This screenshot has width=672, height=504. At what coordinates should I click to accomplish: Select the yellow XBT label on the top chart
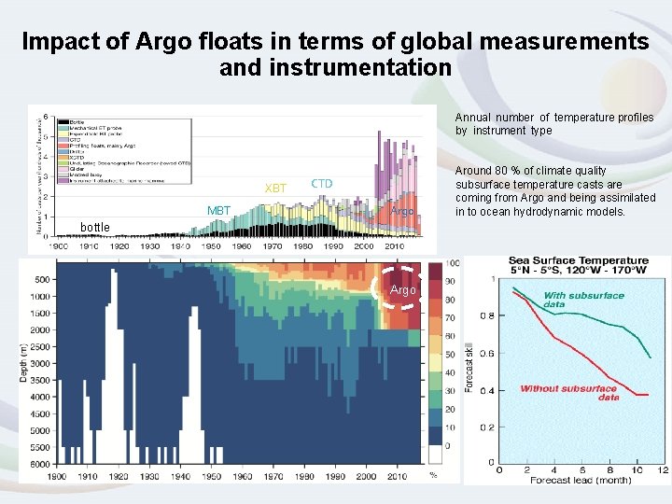point(275,189)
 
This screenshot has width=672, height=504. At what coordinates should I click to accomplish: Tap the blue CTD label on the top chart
point(321,184)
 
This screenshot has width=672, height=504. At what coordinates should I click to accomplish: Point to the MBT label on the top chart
point(218,211)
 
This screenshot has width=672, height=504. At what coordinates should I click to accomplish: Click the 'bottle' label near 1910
point(94,228)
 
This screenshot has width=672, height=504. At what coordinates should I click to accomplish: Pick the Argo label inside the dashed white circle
point(403,290)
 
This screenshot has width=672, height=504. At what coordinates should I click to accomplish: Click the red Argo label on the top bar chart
point(402,212)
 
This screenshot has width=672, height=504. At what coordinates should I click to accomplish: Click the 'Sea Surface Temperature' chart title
point(578,260)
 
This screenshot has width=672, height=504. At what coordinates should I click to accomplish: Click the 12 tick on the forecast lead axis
point(663,470)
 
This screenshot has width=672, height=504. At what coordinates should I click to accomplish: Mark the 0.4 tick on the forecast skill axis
point(486,391)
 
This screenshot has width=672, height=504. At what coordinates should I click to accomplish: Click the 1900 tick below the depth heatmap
point(58,476)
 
